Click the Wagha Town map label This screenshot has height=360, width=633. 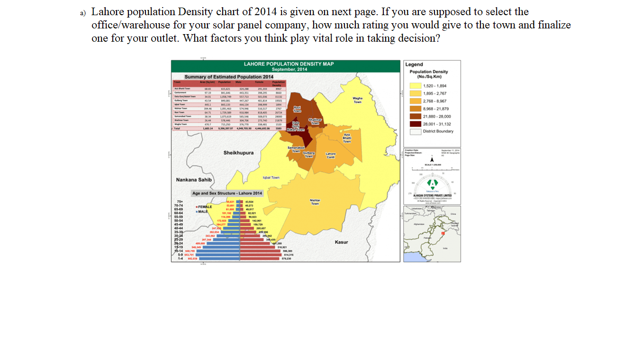coord(357,100)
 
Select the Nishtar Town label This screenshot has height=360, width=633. coord(315,201)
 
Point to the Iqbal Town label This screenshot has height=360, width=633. coord(271,178)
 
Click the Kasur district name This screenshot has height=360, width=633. coord(341,242)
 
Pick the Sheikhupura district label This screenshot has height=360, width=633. coord(238,153)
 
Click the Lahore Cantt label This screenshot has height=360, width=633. coord(331,155)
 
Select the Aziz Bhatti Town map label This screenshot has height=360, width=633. coord(347,138)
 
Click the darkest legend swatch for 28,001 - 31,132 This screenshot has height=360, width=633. coord(416,124)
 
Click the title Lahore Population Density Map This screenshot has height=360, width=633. coord(288,63)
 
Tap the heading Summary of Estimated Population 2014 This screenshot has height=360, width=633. coord(229,77)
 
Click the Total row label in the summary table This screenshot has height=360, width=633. coord(177,128)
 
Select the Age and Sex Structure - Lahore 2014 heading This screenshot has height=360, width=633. coord(227,193)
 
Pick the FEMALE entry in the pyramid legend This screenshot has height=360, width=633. coord(205,207)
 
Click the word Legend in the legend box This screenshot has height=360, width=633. coord(414,64)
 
